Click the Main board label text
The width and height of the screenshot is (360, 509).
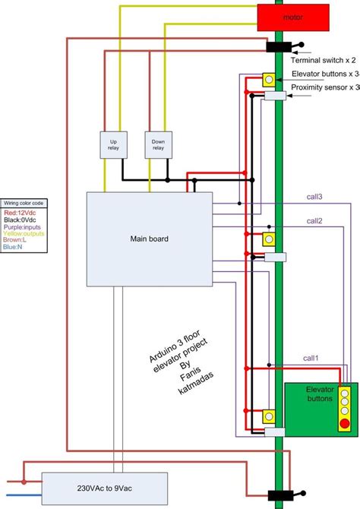[148, 239]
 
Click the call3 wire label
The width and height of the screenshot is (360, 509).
[314, 197]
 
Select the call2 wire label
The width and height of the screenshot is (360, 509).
[314, 221]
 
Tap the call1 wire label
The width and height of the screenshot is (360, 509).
[311, 357]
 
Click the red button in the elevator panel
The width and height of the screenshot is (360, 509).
[346, 423]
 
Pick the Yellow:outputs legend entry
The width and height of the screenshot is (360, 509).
[24, 233]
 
